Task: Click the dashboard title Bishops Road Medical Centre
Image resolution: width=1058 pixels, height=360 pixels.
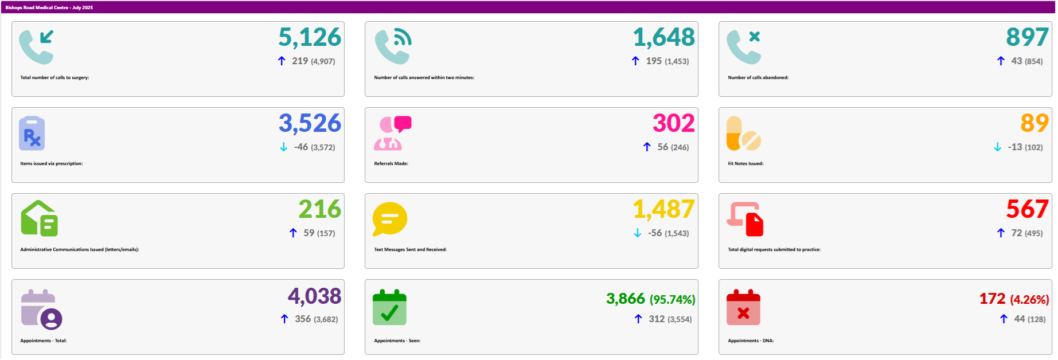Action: (x=49, y=7)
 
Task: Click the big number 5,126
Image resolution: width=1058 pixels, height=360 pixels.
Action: (x=310, y=38)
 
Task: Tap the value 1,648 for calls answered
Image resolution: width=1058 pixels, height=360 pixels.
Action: (x=663, y=38)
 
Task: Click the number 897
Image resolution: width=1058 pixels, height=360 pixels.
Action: (x=1027, y=38)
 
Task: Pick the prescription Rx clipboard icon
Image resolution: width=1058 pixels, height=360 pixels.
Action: (x=32, y=134)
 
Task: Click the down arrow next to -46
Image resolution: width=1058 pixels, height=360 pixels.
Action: (x=284, y=147)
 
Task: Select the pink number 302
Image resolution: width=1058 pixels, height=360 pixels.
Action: (x=673, y=123)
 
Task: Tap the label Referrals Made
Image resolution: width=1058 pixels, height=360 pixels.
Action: (x=391, y=163)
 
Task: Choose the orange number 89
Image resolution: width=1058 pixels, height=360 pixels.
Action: (x=1034, y=123)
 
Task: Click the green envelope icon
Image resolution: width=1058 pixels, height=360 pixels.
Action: (x=39, y=218)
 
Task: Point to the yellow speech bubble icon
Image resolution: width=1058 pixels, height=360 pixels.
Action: (x=389, y=219)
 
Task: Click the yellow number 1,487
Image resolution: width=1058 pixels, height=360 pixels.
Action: (x=663, y=209)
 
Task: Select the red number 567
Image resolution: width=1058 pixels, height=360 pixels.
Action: (x=1027, y=209)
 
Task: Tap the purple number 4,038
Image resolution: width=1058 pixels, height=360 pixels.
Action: (x=314, y=296)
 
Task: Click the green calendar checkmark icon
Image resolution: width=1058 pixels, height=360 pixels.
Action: (x=389, y=308)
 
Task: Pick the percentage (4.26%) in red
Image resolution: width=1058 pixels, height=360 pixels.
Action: (x=1029, y=300)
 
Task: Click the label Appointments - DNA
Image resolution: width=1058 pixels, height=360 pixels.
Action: (x=751, y=341)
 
